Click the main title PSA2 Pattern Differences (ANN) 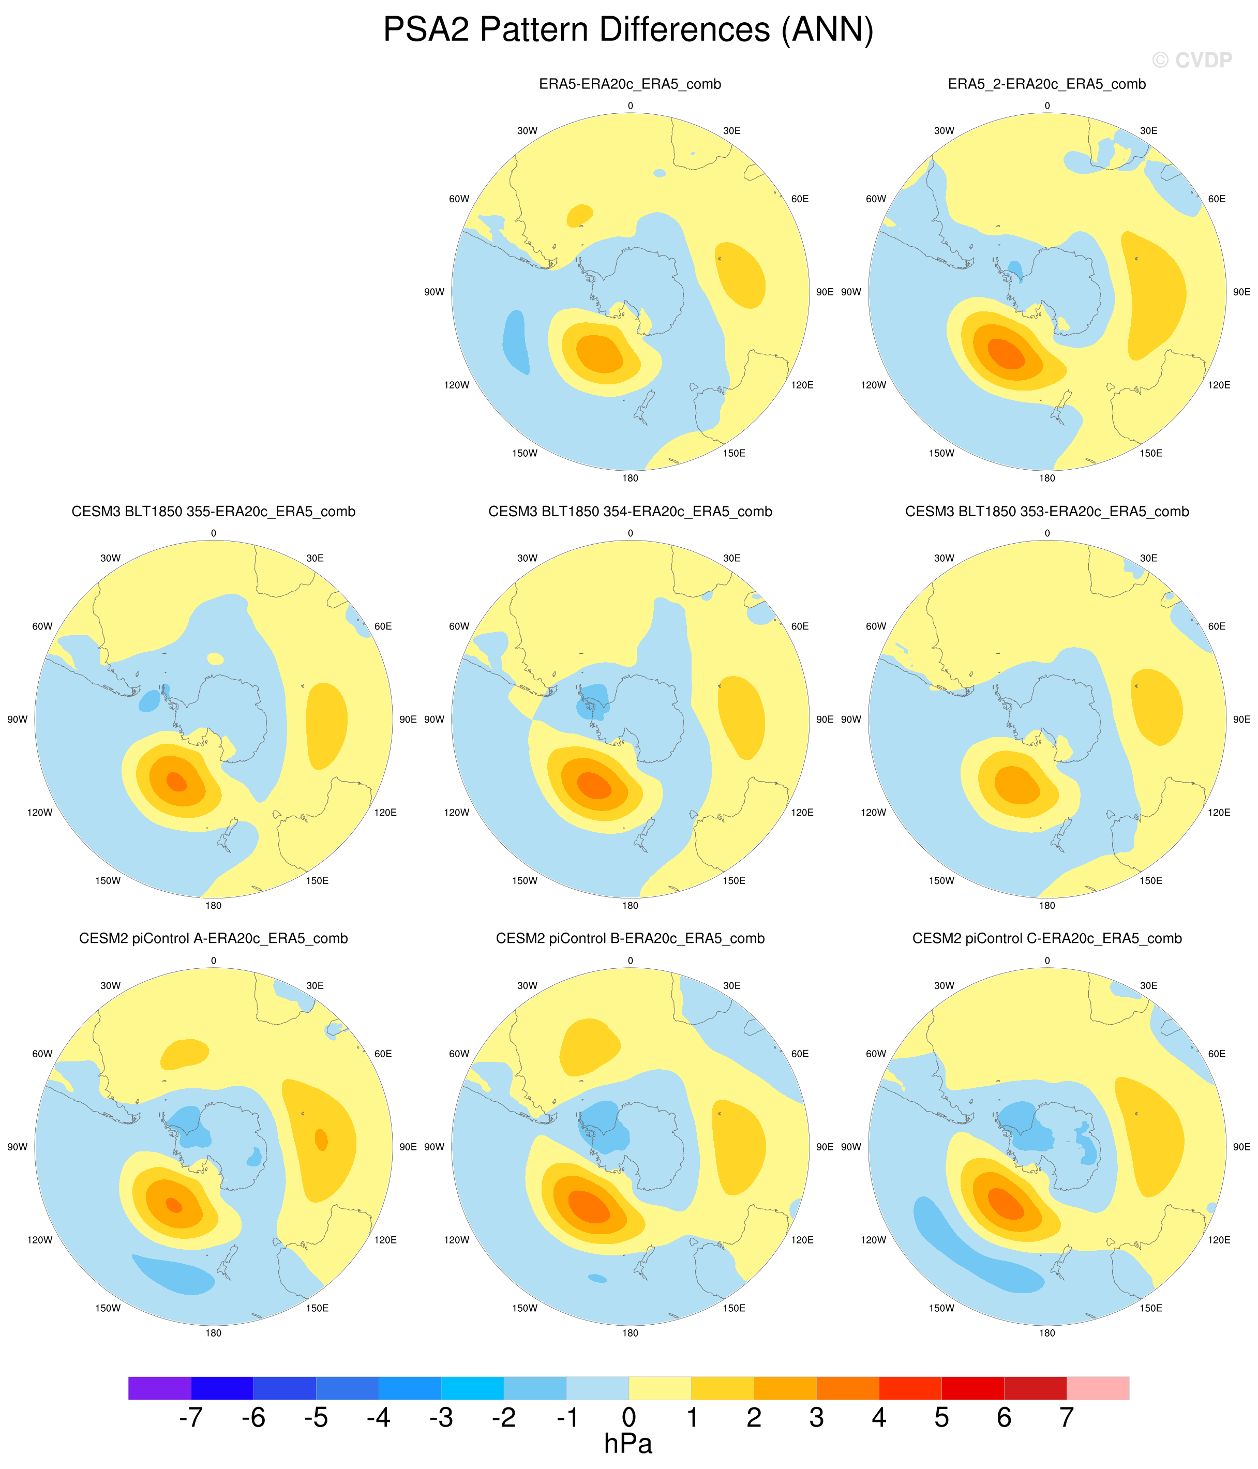[x=628, y=31]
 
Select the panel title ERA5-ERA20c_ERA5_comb [x=630, y=84]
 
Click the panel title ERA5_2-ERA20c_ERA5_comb [x=1046, y=84]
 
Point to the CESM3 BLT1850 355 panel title [x=214, y=512]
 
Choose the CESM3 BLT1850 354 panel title [x=630, y=512]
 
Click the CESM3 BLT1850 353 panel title [x=1046, y=512]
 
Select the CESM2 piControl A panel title [x=214, y=939]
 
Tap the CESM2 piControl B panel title [x=630, y=939]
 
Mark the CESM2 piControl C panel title [x=1046, y=939]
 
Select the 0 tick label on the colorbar [x=629, y=1417]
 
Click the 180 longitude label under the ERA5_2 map [x=1046, y=478]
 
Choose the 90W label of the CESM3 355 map [x=17, y=719]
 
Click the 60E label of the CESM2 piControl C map [x=1217, y=1054]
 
